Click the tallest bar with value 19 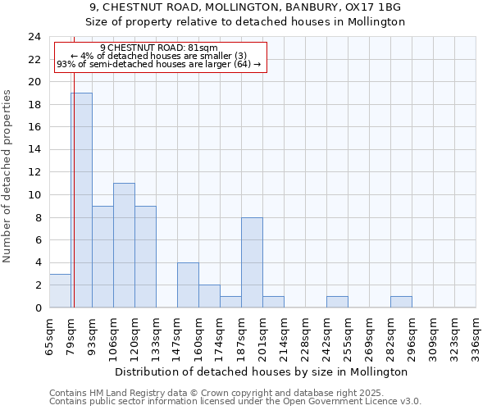81,200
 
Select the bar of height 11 124,245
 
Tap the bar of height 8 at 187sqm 252,262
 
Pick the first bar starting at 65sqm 60,290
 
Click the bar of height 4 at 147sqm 188,285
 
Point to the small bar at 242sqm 337,302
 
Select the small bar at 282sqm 401,302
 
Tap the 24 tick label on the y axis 34,37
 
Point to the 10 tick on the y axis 34,195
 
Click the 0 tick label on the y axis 38,307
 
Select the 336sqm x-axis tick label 475,335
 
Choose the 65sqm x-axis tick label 49,335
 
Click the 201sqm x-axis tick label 262,335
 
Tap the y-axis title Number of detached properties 8,176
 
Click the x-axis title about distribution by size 262,371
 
